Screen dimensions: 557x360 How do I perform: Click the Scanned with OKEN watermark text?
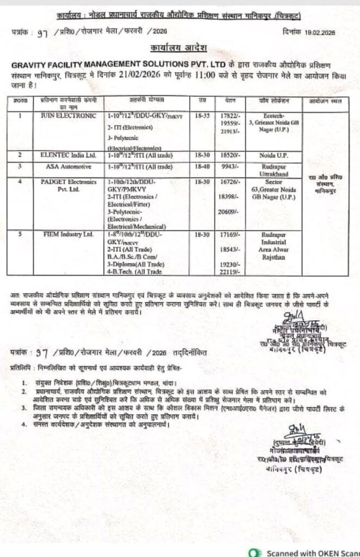pos(309,552)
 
